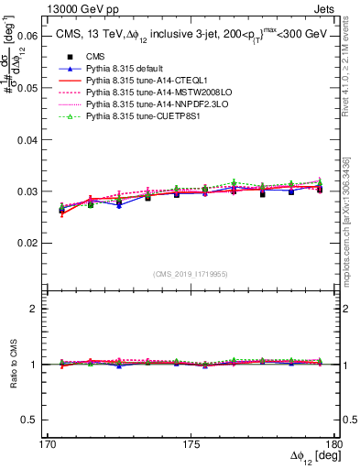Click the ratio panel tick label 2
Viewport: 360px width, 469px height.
tap(33, 309)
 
